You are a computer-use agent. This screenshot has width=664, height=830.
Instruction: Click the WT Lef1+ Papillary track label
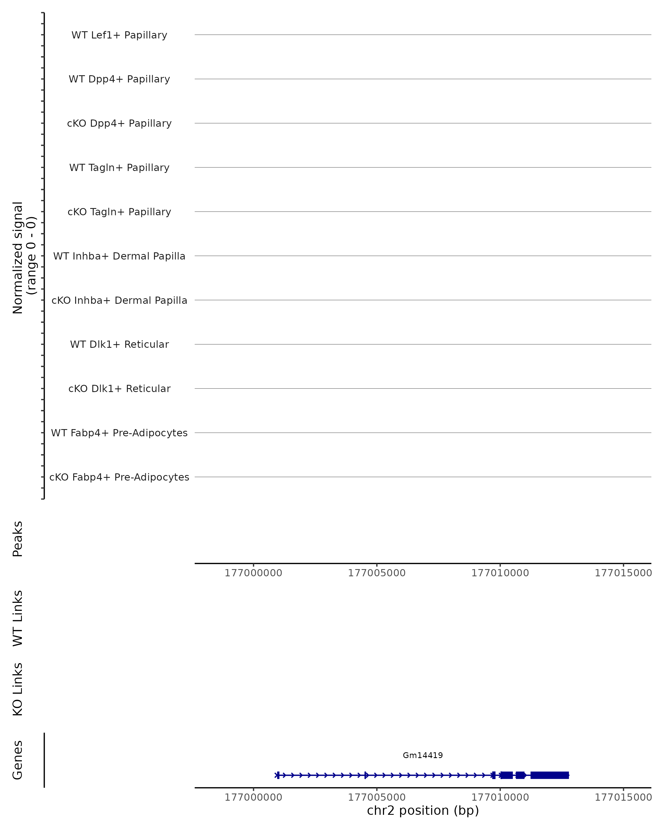[119, 35]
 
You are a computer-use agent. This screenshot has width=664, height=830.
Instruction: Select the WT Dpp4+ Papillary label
[119, 79]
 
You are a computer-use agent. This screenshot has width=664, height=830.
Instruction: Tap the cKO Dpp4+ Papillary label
[119, 124]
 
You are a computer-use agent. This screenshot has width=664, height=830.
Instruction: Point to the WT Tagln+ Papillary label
[119, 168]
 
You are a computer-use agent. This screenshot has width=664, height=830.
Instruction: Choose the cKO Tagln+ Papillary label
[119, 212]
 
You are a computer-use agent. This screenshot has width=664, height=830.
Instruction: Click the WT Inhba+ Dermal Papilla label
[119, 256]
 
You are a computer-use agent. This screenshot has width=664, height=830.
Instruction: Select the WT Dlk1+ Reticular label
[119, 344]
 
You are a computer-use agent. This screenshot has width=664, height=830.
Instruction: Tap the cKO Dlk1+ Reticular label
[119, 389]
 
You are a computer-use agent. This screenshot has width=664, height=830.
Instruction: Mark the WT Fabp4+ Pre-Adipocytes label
[119, 433]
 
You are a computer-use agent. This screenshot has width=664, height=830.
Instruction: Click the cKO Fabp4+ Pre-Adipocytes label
[119, 477]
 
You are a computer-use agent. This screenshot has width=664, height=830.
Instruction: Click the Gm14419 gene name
[423, 755]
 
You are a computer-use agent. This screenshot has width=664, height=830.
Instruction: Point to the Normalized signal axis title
[24, 258]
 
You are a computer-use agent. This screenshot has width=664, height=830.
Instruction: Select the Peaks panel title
[18, 539]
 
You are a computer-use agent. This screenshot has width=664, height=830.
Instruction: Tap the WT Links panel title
[18, 618]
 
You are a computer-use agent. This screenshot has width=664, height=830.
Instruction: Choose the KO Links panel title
[18, 689]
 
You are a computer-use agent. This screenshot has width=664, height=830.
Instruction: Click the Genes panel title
[18, 760]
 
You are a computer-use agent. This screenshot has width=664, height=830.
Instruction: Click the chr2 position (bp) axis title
[423, 810]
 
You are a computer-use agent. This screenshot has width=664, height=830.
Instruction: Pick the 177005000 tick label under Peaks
[377, 573]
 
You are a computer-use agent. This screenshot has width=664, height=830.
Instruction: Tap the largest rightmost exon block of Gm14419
[549, 775]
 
